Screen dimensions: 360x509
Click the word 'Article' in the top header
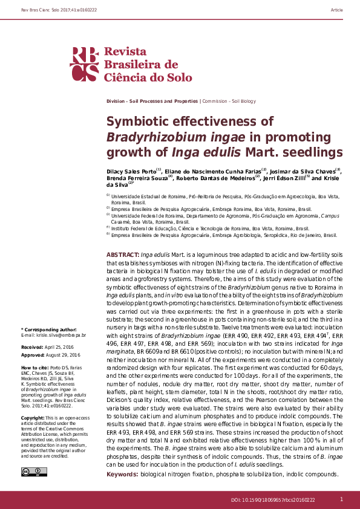[x=337, y=11]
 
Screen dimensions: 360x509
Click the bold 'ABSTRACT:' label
[x=122, y=256]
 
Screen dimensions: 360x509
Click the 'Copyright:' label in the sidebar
[x=33, y=418]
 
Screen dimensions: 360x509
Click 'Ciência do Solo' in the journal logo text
[x=148, y=77]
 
